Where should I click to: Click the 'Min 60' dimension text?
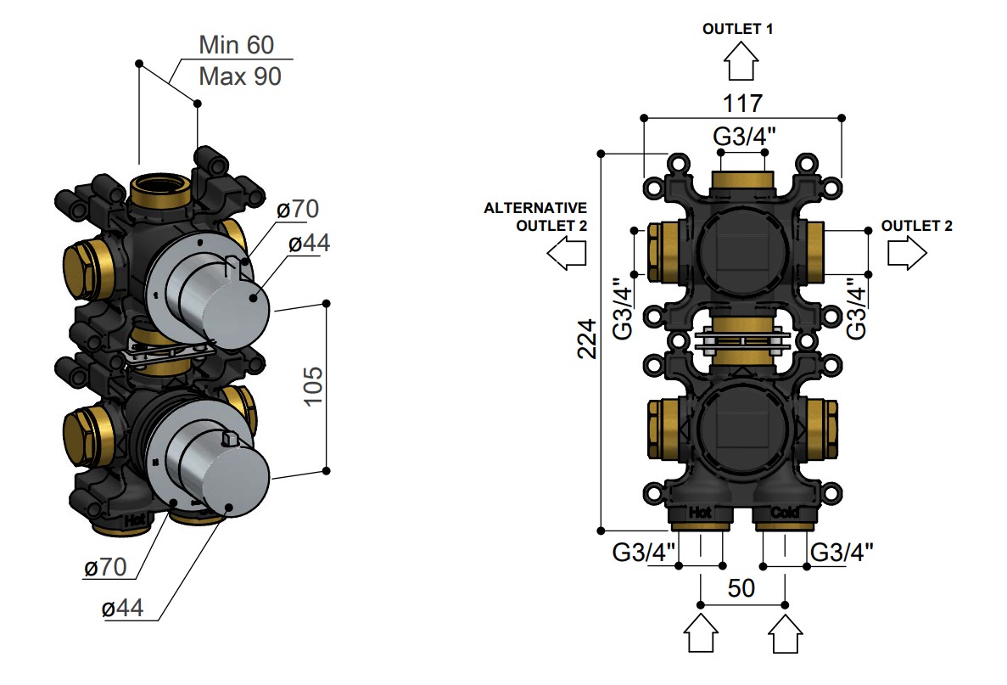[237, 45]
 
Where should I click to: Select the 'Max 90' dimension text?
[240, 76]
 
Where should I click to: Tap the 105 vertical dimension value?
[313, 386]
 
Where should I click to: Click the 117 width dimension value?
[742, 104]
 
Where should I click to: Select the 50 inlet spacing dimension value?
[741, 588]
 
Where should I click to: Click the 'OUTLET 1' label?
[738, 29]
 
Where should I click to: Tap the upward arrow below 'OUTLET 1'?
[741, 60]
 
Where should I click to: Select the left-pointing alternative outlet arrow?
[567, 252]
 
